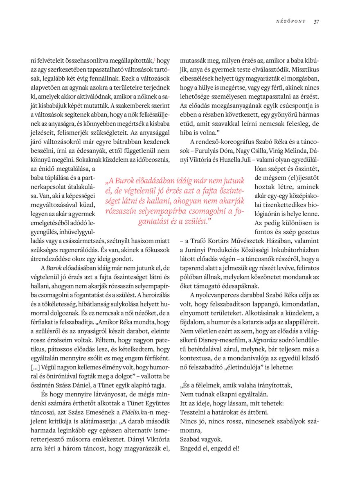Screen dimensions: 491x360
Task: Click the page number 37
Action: click(316, 21)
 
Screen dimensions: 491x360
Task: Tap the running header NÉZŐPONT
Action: click(291, 21)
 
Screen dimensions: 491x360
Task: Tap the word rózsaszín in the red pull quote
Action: click(123, 212)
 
